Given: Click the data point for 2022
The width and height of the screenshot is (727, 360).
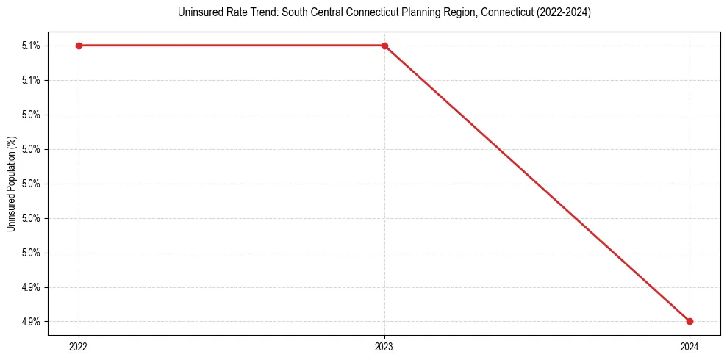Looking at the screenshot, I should pos(79,46).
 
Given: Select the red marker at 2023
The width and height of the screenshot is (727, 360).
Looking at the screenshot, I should pos(384,46).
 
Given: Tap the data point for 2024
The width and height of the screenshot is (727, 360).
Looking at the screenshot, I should pos(690,321).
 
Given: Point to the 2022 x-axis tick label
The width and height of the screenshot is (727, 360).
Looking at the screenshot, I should pos(79,346).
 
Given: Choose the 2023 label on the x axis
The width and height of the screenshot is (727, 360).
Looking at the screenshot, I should pos(384,346).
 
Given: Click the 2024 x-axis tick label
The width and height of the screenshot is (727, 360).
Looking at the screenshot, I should pos(690,346).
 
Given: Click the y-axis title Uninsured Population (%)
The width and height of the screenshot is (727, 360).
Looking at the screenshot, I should pos(12,183).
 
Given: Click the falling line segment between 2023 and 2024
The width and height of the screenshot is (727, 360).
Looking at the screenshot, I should pos(537,183).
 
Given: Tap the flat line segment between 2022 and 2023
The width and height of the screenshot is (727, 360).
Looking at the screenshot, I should pos(232,46).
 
